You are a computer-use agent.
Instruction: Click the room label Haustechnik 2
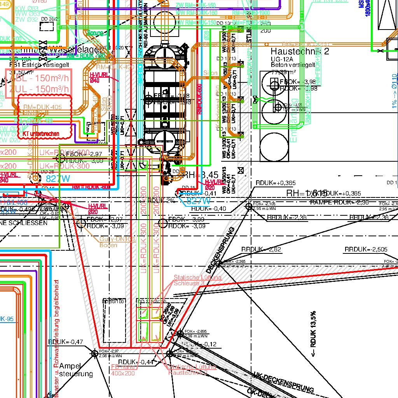click(300, 51)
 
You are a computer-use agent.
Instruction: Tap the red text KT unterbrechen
click(41, 134)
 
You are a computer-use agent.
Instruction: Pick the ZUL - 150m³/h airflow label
click(39, 89)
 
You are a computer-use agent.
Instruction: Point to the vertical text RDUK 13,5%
click(313, 334)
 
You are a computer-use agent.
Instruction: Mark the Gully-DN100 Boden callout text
click(117, 242)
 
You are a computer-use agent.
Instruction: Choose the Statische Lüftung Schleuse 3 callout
click(197, 280)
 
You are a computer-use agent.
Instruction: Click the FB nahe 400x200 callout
click(123, 370)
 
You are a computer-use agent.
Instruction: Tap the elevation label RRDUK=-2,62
click(261, 250)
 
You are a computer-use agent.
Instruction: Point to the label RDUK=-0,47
click(66, 342)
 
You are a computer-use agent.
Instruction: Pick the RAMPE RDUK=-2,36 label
click(339, 202)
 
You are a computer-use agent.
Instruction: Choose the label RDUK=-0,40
click(208, 208)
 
